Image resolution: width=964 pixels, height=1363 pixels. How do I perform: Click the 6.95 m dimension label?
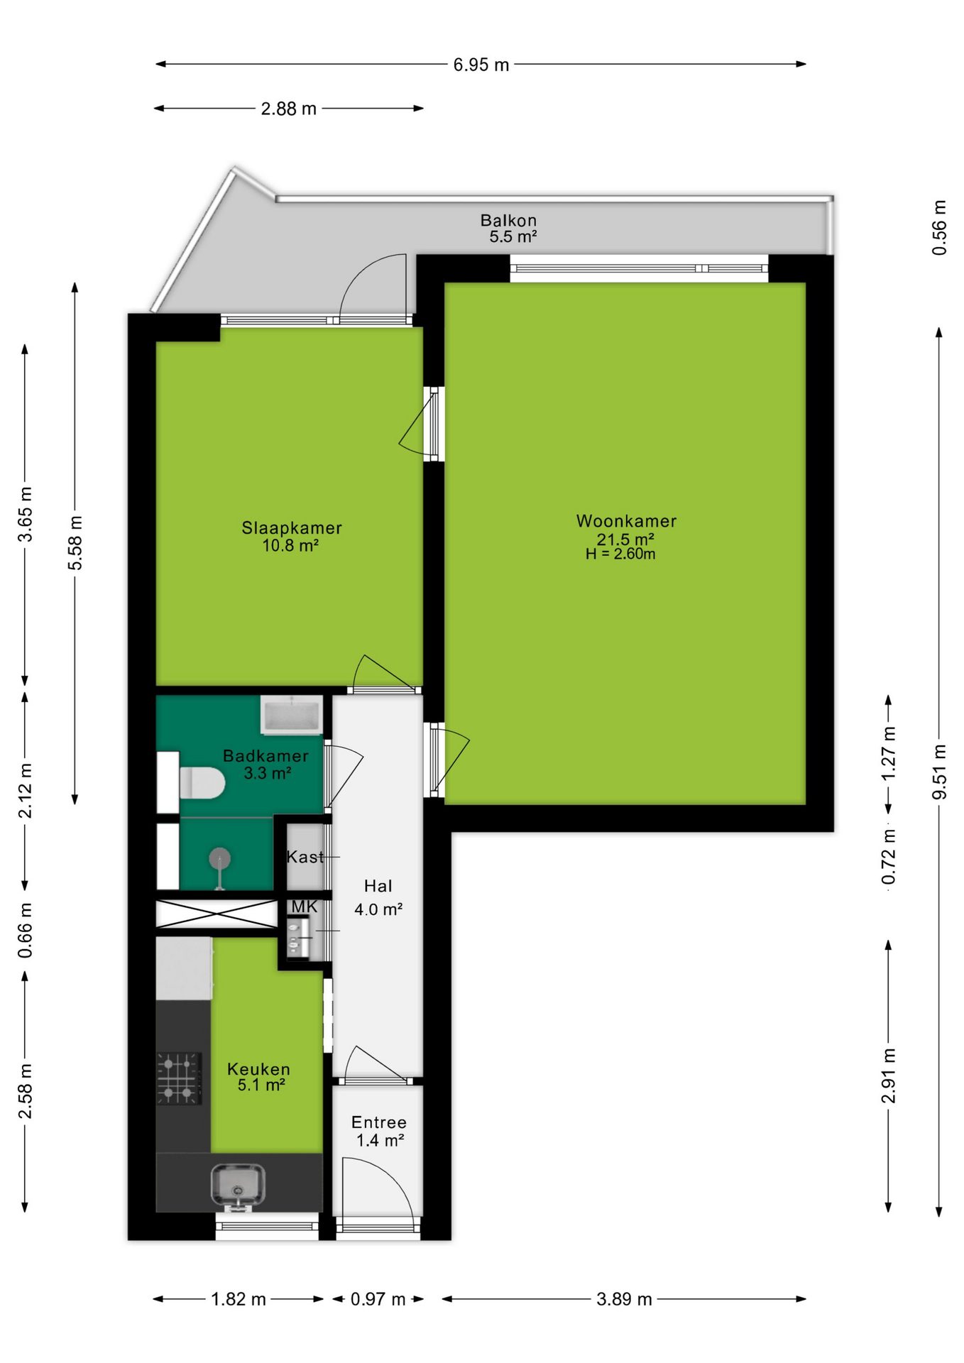tap(481, 65)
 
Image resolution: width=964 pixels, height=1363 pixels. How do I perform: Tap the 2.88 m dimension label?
tap(288, 109)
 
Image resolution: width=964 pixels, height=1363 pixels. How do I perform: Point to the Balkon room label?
tap(508, 220)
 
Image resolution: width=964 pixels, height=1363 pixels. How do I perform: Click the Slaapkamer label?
tap(292, 527)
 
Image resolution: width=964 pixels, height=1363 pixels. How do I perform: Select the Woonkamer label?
tap(626, 521)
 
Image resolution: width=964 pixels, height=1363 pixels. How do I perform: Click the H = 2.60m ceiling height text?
tap(620, 554)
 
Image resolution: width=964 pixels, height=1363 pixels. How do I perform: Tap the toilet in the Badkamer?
tap(202, 783)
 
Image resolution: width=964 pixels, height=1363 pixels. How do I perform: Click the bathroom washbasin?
tap(291, 715)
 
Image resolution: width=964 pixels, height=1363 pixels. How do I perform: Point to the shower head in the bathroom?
tap(220, 859)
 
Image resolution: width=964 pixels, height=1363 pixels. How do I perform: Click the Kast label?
tap(305, 857)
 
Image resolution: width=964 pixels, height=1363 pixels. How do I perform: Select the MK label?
tap(305, 907)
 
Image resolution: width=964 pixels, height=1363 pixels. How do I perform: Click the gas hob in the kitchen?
tap(179, 1078)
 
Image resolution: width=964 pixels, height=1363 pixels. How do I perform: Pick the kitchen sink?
tap(238, 1185)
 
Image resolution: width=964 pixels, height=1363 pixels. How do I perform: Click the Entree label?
tap(379, 1122)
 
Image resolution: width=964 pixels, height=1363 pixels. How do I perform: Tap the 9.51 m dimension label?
tap(939, 772)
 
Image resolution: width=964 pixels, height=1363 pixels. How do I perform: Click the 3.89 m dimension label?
tap(624, 1299)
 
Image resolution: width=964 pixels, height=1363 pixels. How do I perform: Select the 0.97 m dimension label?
tap(378, 1299)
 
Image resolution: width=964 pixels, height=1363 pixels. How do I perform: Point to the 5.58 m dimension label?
tap(75, 543)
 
